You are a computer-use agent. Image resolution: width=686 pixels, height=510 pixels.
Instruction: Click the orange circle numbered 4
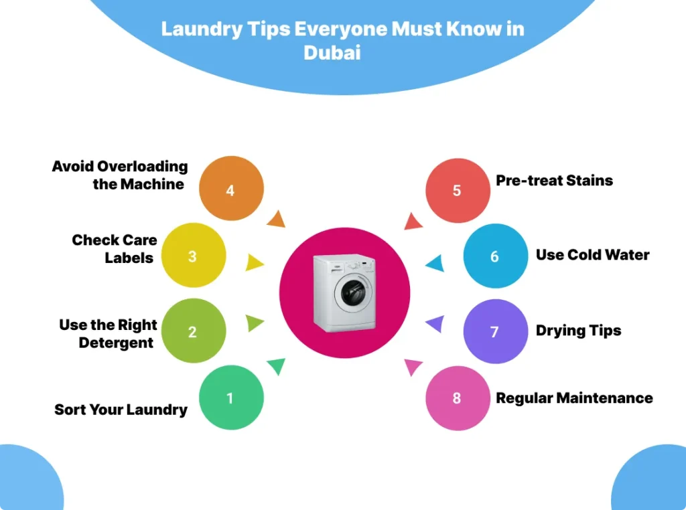click(x=230, y=190)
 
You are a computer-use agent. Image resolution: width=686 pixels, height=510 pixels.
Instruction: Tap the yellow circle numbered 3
click(x=192, y=256)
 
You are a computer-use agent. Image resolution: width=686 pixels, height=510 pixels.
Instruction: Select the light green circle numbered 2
click(x=192, y=331)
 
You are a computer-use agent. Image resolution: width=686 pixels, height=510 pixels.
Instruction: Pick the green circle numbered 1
click(x=230, y=398)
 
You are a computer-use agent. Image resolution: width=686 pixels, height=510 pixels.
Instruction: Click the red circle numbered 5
click(x=457, y=190)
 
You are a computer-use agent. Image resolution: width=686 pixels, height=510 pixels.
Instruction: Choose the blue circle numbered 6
click(x=495, y=256)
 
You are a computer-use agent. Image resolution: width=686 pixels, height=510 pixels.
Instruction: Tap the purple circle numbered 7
click(x=495, y=331)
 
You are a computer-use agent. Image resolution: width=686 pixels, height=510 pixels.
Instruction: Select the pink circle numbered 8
click(x=457, y=398)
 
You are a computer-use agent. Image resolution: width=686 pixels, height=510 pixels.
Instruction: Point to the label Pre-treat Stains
click(x=554, y=181)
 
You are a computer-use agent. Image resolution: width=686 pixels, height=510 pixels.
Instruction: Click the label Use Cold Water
click(x=592, y=255)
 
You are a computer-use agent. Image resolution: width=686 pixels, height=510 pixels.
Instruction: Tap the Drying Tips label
click(x=578, y=331)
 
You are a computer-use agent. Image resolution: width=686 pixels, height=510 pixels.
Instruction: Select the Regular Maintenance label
click(x=574, y=398)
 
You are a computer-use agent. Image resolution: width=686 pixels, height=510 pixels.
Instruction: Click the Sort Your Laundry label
click(x=121, y=410)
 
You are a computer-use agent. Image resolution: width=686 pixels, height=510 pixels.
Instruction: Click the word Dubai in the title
click(x=332, y=53)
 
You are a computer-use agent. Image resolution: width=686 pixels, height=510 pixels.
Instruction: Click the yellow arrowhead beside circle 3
click(x=255, y=262)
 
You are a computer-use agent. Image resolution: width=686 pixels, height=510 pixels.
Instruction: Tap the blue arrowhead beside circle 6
click(x=434, y=263)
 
